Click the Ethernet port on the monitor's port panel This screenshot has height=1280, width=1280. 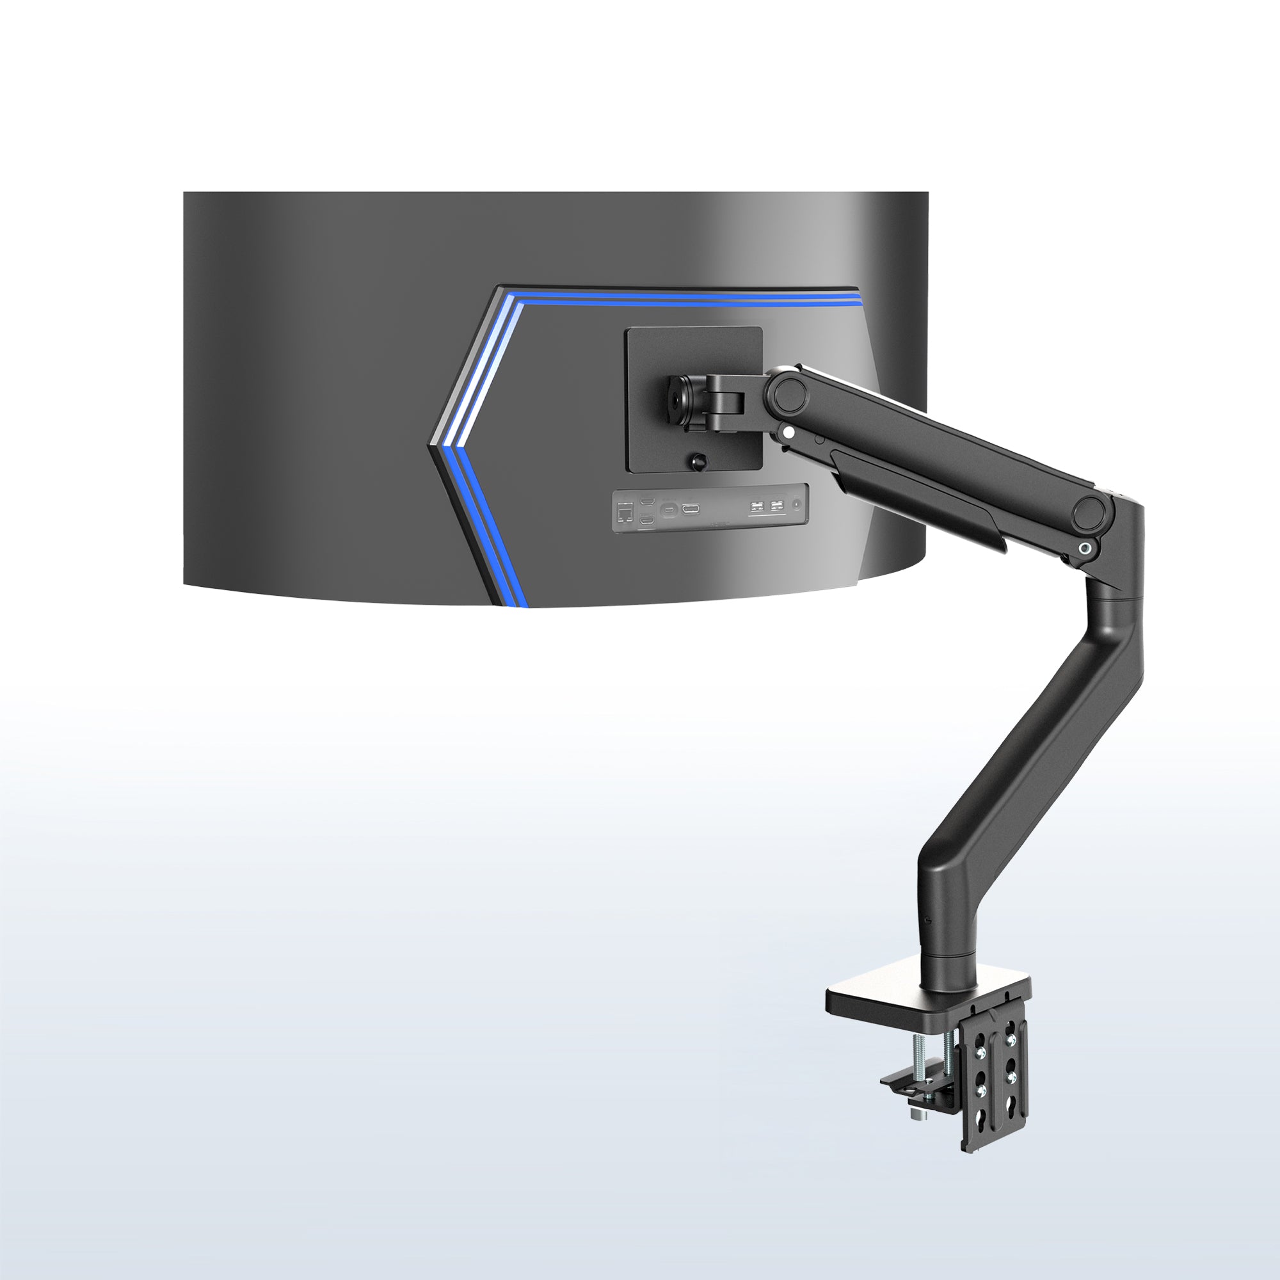[625, 512]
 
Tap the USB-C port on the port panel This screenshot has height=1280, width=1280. [669, 509]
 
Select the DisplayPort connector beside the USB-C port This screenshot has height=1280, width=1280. [692, 509]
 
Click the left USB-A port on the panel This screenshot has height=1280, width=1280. [756, 508]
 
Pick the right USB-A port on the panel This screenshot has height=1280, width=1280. [776, 508]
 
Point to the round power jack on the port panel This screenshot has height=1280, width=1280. [796, 505]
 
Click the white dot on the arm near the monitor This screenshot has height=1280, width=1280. [788, 433]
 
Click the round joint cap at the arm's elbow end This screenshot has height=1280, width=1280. [1089, 513]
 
